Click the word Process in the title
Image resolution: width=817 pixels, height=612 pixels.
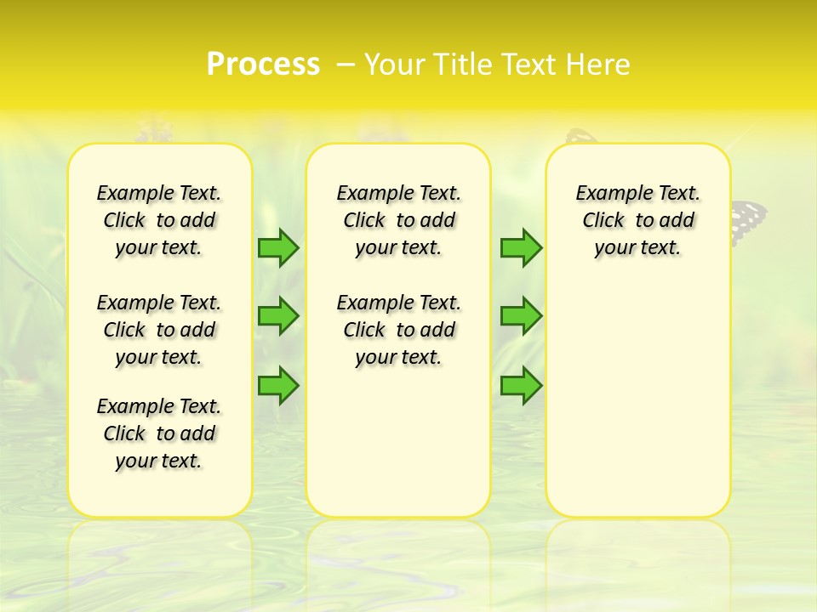(x=263, y=65)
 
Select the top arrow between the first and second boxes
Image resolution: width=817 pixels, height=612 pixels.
(x=277, y=247)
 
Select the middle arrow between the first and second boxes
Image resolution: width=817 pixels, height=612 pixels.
(x=277, y=316)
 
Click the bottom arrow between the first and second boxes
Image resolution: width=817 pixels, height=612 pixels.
(x=277, y=385)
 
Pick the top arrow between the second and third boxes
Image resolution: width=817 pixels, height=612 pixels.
(x=520, y=247)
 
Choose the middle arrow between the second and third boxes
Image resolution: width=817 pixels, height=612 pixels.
(x=520, y=316)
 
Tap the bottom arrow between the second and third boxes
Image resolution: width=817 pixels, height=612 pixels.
(x=520, y=385)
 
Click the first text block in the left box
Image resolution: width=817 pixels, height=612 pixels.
(x=159, y=221)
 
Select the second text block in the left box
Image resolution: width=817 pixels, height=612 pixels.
(x=159, y=330)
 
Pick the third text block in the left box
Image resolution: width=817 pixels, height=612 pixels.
(x=159, y=433)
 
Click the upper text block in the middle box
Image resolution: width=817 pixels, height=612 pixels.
(x=398, y=221)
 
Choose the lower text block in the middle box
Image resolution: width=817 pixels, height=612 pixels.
(x=398, y=330)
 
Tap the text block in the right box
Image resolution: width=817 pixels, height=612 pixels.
(x=637, y=221)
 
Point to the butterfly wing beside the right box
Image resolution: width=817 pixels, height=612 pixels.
(x=749, y=221)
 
